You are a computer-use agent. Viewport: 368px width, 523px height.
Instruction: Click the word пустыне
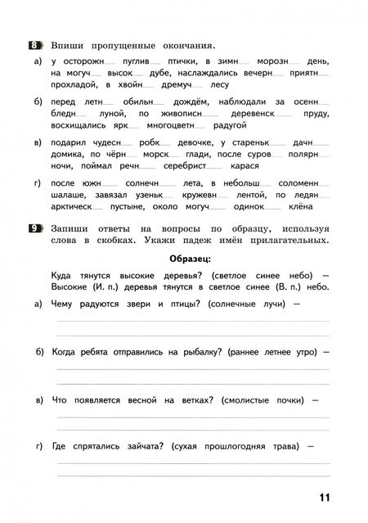tap(151, 206)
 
